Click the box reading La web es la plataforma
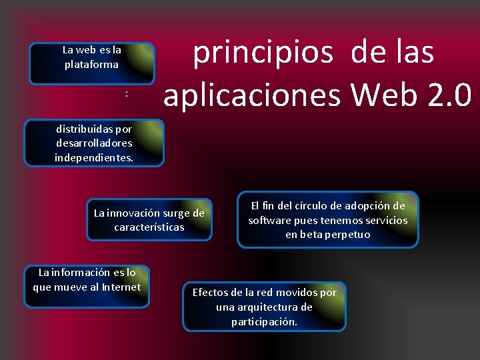92,63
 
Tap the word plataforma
91,65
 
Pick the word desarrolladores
94,143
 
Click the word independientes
93,157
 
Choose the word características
149,227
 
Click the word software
269,220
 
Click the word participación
264,321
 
